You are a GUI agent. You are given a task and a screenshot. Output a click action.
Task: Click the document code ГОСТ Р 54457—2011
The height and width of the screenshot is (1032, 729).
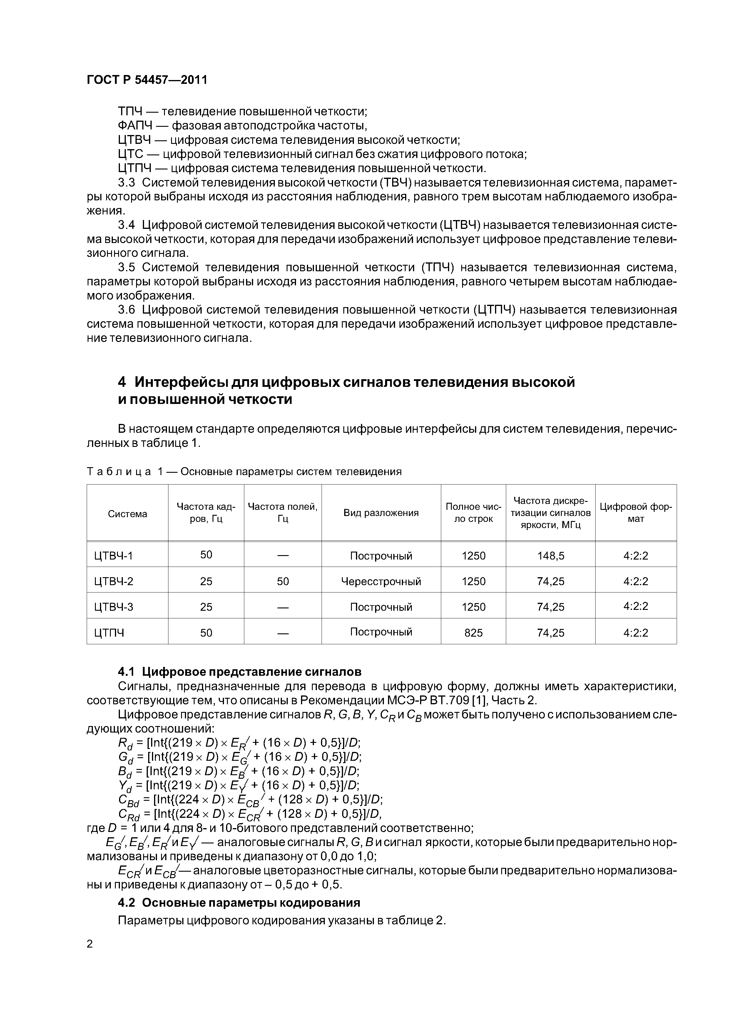click(x=147, y=80)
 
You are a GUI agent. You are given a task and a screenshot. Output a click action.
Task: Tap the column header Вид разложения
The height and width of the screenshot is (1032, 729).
click(x=381, y=513)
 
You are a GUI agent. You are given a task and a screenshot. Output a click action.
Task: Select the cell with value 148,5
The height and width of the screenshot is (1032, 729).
click(x=551, y=556)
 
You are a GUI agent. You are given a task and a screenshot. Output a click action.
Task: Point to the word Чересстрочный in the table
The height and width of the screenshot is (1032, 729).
click(x=381, y=582)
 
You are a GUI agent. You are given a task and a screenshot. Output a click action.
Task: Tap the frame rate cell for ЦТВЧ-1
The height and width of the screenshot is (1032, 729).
click(x=206, y=555)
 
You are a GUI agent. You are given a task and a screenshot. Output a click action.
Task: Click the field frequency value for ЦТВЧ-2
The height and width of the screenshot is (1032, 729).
click(x=282, y=582)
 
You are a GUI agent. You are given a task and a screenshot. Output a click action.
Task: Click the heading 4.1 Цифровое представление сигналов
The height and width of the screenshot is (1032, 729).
click(x=239, y=672)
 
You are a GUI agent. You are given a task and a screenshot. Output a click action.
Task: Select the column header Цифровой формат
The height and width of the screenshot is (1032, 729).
click(x=636, y=513)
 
